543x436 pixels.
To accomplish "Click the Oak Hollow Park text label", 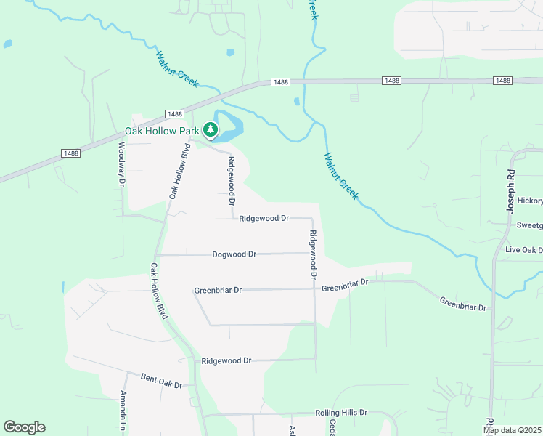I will coord(161,131).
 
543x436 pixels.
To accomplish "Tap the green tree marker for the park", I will coord(211,130).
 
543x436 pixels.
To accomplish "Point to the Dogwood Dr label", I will coord(234,254).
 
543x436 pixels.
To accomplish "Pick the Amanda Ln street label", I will coord(123,410).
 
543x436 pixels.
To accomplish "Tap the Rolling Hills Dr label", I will coord(341,413).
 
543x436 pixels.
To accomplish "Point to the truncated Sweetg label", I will coord(529,225).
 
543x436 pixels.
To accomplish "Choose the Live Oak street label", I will coord(523,250).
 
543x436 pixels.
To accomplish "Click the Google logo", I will coord(24,427).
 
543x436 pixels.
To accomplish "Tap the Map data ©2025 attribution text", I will coord(511,430).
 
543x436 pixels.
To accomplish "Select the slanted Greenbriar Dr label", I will coord(462,303).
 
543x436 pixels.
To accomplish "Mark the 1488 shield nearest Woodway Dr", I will coord(70,153).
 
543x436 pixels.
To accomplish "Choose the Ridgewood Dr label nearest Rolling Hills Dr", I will coord(226,360).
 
